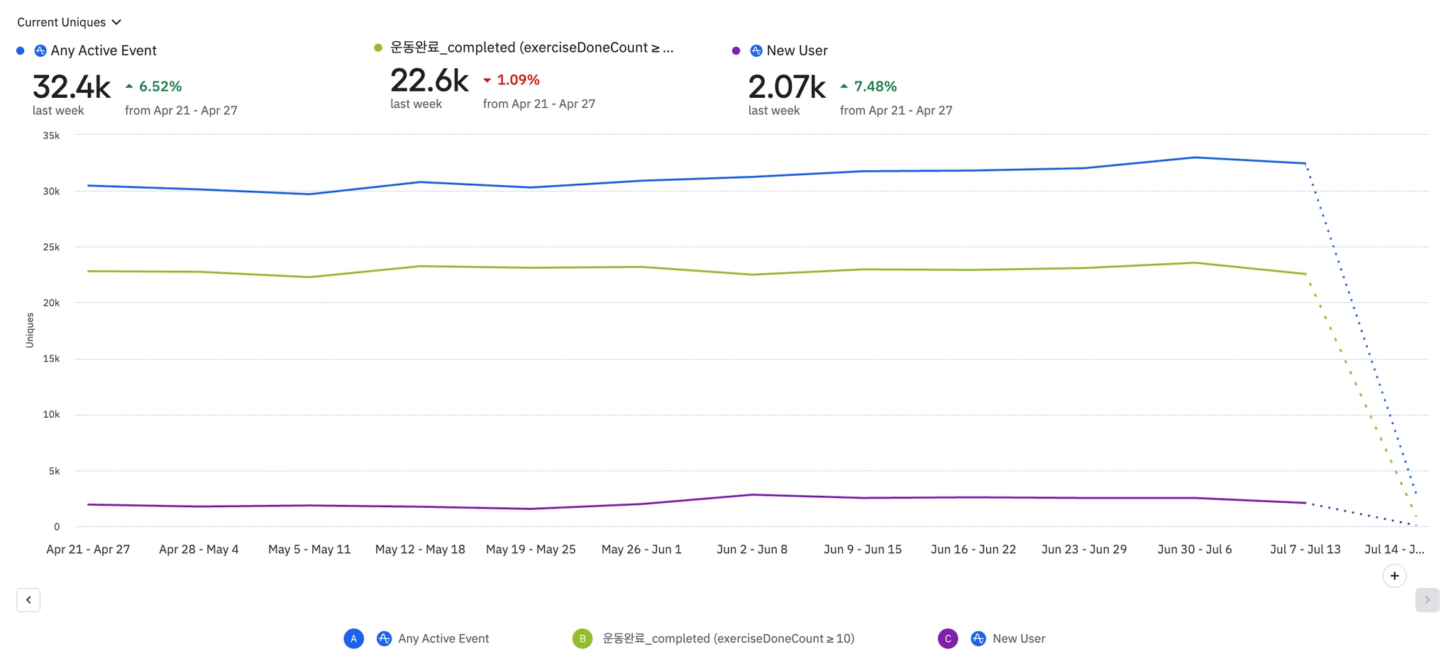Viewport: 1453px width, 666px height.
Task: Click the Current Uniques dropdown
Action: click(x=69, y=22)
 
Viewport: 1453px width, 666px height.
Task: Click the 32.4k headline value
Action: click(x=71, y=87)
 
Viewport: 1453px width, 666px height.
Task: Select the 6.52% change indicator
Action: click(x=154, y=87)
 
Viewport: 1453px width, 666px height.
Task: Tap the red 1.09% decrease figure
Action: click(x=512, y=80)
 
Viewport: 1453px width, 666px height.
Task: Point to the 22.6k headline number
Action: click(x=429, y=81)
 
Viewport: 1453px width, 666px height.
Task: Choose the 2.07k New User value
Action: click(x=787, y=87)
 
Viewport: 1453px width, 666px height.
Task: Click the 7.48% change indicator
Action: click(x=869, y=87)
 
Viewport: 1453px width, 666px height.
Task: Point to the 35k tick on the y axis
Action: click(x=51, y=135)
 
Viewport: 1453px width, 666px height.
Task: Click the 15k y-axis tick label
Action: click(x=51, y=359)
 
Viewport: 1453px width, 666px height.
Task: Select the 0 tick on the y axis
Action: click(x=57, y=527)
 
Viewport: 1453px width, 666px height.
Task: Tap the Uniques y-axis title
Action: click(x=30, y=330)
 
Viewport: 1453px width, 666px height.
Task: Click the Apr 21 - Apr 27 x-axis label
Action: click(x=88, y=550)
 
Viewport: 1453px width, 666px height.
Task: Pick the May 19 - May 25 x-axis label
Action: click(x=531, y=550)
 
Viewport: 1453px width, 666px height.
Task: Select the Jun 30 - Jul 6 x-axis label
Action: click(x=1195, y=550)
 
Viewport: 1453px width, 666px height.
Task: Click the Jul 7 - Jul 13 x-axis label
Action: click(x=1305, y=550)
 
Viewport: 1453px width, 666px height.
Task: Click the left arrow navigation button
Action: click(x=28, y=600)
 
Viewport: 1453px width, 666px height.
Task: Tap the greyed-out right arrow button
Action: click(x=1427, y=600)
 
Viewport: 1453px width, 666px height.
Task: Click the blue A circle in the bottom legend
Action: click(x=354, y=638)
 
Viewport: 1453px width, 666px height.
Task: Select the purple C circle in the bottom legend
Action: click(x=948, y=638)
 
